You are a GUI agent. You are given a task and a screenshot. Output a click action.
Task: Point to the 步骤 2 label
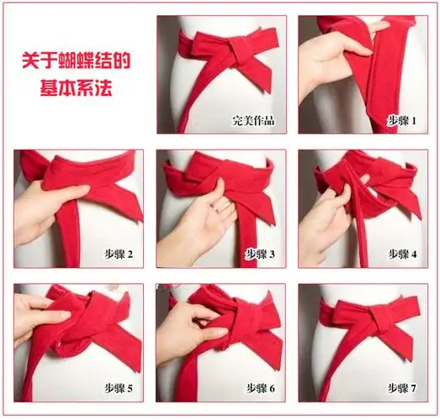[117, 254]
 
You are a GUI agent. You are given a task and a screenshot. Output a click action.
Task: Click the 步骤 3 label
[260, 254]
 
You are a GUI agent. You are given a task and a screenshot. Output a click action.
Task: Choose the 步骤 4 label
[401, 254]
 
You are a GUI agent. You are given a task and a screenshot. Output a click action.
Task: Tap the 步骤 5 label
[117, 387]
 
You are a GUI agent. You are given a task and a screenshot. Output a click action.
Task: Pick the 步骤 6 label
[260, 387]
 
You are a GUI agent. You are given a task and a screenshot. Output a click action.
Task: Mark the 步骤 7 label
[401, 387]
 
